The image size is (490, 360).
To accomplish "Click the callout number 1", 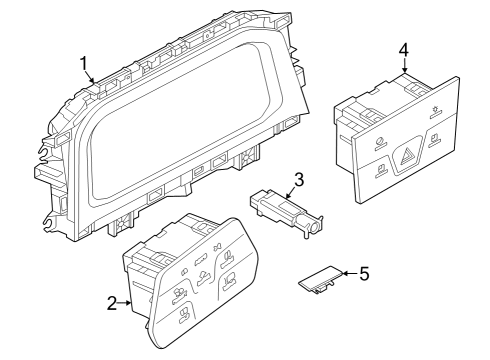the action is pos(84,64).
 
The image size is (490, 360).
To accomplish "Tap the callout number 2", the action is pos(112,303).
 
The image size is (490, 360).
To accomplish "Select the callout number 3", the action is pos(299,179).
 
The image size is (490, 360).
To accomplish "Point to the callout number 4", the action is pos(404,50).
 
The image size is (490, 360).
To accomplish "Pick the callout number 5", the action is pos(364,274).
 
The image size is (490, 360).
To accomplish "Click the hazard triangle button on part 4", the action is pos(408,155).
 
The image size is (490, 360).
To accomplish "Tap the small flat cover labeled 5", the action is pos(320,279).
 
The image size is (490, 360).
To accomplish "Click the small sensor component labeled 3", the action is pos(285,212).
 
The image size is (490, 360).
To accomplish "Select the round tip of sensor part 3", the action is pos(314,227).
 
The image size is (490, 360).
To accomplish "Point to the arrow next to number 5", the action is pos(350,273).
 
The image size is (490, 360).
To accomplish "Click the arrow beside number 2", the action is pos(125,303).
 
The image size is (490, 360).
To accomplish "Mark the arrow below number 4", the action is pos(404,66).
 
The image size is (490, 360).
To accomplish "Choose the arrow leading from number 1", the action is pos(89,77).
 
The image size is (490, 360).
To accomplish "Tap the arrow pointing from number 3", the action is pos(290,192).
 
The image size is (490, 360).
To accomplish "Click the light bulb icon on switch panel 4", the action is pos(434,111).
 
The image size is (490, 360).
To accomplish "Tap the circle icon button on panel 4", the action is pos(379,142).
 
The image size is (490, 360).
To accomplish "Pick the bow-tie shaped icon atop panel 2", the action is pos(218,247).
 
